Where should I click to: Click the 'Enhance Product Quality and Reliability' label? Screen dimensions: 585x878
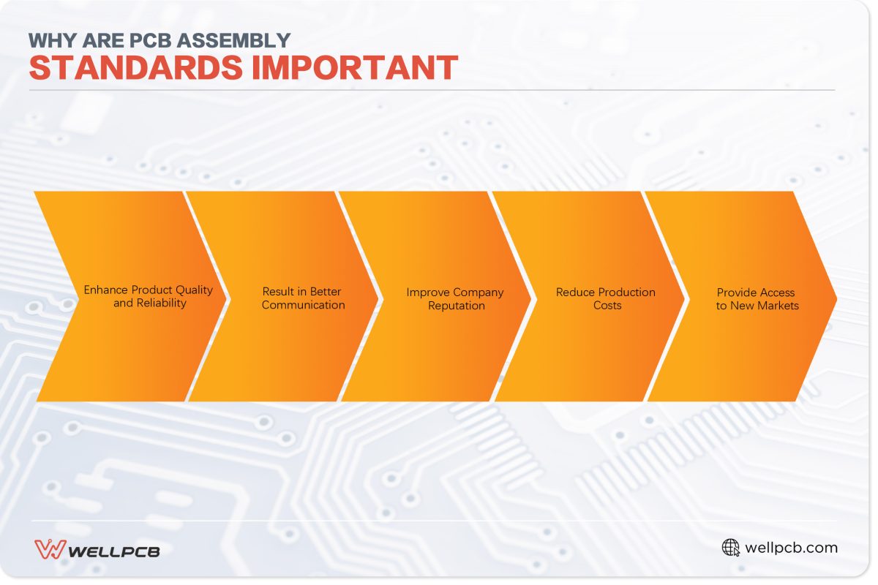coord(149,296)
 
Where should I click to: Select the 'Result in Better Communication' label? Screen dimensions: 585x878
coord(303,298)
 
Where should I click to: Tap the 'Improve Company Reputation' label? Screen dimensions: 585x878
coord(455,298)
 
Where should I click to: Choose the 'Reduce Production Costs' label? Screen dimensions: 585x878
coord(606,298)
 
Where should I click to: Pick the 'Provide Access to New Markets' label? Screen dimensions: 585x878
coord(757,298)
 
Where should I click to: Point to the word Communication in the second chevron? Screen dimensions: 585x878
coord(303,305)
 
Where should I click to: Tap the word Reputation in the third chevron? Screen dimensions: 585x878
coord(457,305)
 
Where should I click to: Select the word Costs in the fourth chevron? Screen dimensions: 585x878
coord(607,305)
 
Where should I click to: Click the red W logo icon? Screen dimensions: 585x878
coord(49,549)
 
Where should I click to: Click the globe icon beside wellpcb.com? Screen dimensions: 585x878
coord(730,548)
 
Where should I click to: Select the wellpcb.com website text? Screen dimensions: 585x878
coord(791,548)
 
